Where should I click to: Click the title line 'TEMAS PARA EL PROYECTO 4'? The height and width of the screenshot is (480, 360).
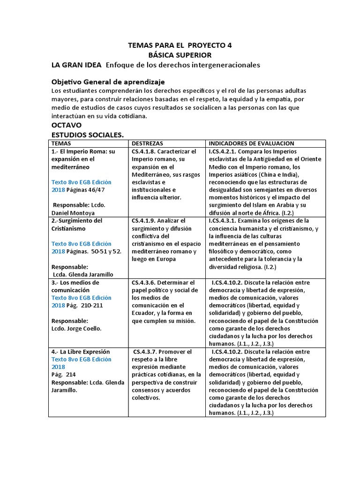pos(180,45)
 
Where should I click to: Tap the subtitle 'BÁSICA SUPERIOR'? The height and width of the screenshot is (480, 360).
pos(180,55)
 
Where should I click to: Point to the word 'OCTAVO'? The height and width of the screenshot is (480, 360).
pos(66,125)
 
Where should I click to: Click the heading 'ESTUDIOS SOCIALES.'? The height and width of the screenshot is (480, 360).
pos(87,135)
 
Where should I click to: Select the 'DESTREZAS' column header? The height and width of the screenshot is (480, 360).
pos(148,143)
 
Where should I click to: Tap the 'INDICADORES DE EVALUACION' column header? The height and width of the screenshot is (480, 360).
pos(251,143)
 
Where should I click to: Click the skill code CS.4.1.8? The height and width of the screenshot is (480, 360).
pos(143,151)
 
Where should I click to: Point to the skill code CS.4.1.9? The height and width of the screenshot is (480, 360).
pos(143,220)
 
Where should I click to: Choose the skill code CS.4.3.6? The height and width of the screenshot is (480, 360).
pos(143,283)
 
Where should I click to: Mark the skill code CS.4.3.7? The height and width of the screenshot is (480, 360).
pos(145,352)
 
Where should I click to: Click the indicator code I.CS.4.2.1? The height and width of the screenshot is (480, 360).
pos(225,151)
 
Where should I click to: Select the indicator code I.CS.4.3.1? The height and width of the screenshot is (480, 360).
pos(225,220)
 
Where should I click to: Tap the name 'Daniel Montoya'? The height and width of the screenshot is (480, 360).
pos(73,212)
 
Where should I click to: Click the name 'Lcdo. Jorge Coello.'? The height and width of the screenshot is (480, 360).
pos(76,329)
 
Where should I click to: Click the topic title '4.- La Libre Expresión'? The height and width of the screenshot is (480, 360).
pos(80,352)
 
